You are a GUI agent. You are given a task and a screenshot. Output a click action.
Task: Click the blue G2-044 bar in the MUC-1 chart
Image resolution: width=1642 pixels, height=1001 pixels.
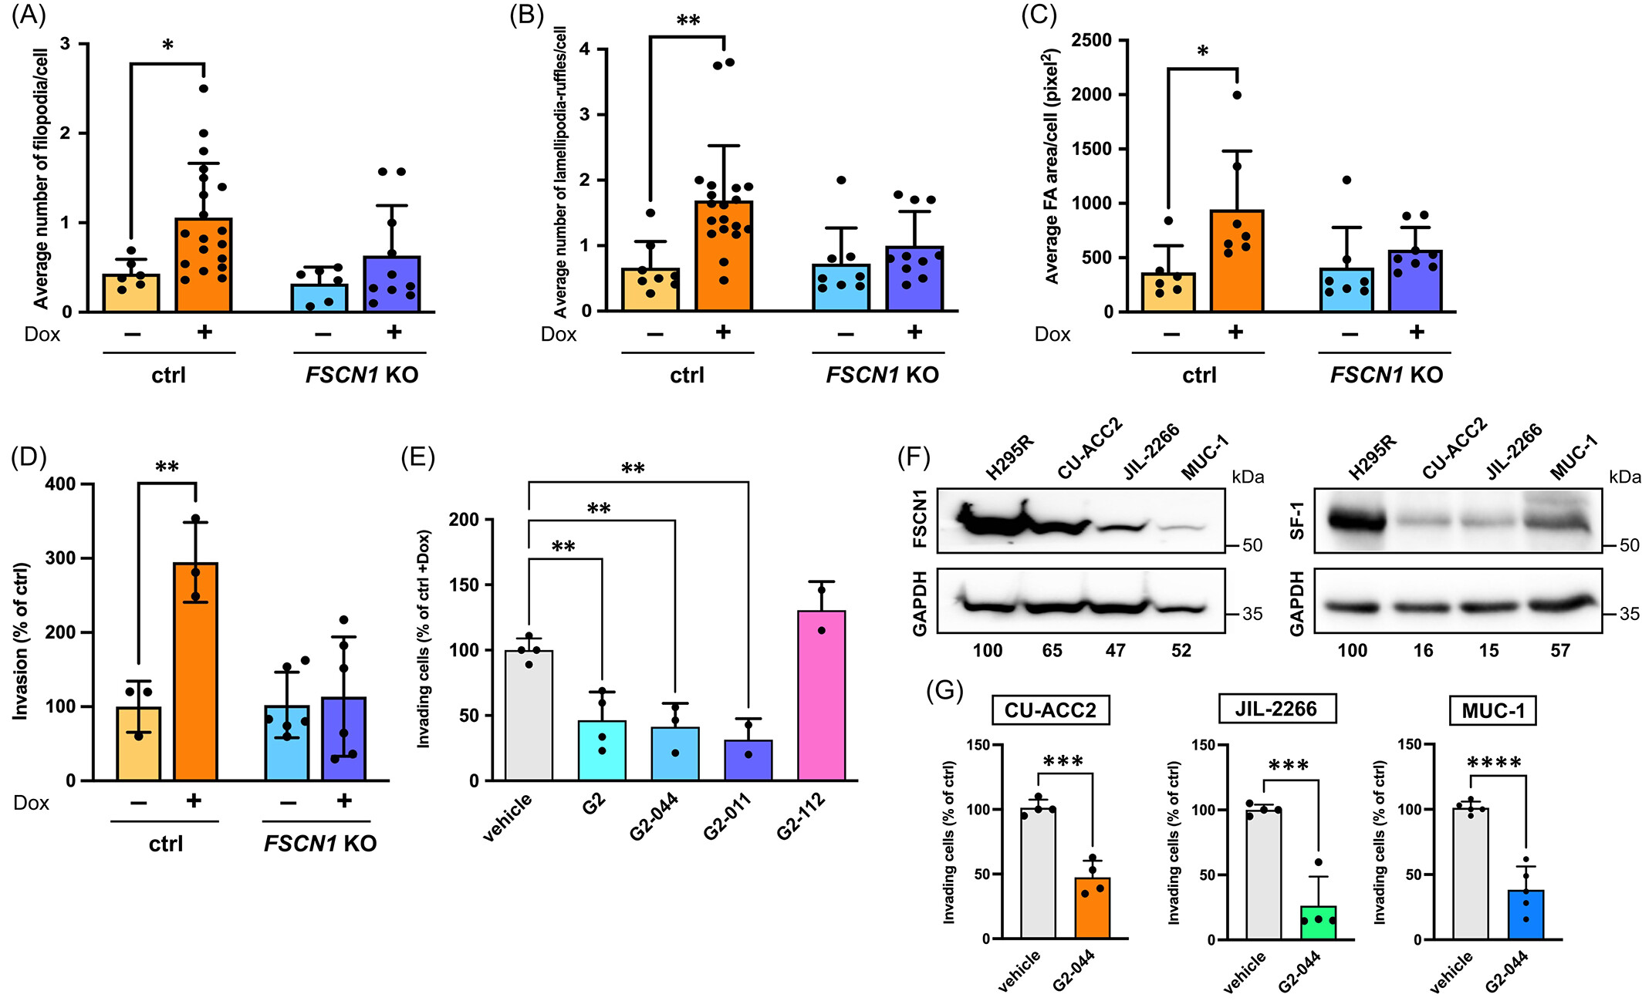click(1525, 915)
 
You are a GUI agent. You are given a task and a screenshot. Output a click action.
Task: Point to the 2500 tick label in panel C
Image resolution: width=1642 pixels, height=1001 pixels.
click(1091, 40)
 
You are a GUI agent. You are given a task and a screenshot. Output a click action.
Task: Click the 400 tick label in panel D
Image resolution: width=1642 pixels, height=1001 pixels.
click(60, 484)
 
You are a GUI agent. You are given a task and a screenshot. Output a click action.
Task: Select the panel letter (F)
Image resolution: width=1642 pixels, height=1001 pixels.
click(914, 457)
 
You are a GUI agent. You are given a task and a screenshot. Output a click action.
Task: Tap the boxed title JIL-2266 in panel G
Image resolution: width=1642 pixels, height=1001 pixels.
click(1276, 709)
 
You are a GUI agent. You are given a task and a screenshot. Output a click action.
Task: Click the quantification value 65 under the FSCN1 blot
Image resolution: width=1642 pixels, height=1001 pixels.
click(1052, 651)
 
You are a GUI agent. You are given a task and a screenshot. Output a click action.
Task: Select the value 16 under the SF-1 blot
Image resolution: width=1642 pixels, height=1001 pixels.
click(1423, 651)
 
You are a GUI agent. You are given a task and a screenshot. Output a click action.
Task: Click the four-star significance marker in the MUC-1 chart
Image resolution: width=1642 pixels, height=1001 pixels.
click(1494, 763)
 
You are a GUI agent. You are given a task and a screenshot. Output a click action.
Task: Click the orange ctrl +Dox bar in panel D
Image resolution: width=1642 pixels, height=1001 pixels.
click(195, 671)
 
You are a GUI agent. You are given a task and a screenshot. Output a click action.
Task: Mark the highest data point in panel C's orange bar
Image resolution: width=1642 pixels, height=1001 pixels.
click(1237, 95)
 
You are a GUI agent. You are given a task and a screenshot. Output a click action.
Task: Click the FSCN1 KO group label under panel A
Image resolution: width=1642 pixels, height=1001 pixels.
click(361, 375)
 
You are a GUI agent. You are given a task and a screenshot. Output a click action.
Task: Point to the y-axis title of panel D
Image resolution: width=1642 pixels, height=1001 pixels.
click(21, 641)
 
